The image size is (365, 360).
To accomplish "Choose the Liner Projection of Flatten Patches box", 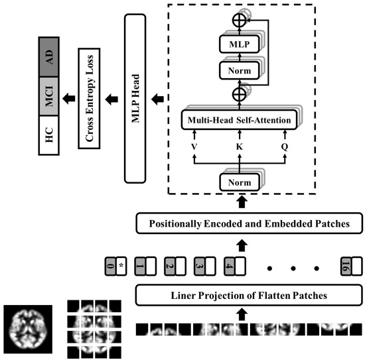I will click(248, 294).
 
